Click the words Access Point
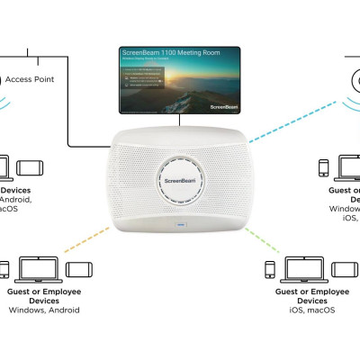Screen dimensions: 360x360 30,79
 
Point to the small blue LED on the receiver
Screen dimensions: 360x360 180,223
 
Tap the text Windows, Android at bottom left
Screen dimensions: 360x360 44,310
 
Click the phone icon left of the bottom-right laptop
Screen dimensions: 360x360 269,268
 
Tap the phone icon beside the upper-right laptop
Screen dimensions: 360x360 322,167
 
